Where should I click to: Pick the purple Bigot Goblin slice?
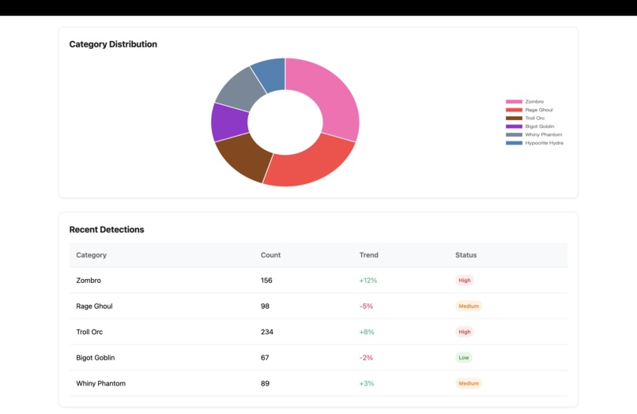coord(228,122)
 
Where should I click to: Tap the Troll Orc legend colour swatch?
coord(514,119)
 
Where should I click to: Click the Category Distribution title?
coord(113,44)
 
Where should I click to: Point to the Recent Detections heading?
coord(107,230)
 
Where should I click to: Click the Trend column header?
coord(368,255)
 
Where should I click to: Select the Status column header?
coord(465,255)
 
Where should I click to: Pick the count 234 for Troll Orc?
coord(267,332)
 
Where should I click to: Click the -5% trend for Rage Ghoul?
coord(366,307)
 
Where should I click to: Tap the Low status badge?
coord(464,358)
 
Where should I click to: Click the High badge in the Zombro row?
coord(465,280)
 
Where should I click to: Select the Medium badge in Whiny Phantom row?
coord(469,383)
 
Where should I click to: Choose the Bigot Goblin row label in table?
coord(96,358)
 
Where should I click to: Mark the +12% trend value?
coord(368,280)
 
